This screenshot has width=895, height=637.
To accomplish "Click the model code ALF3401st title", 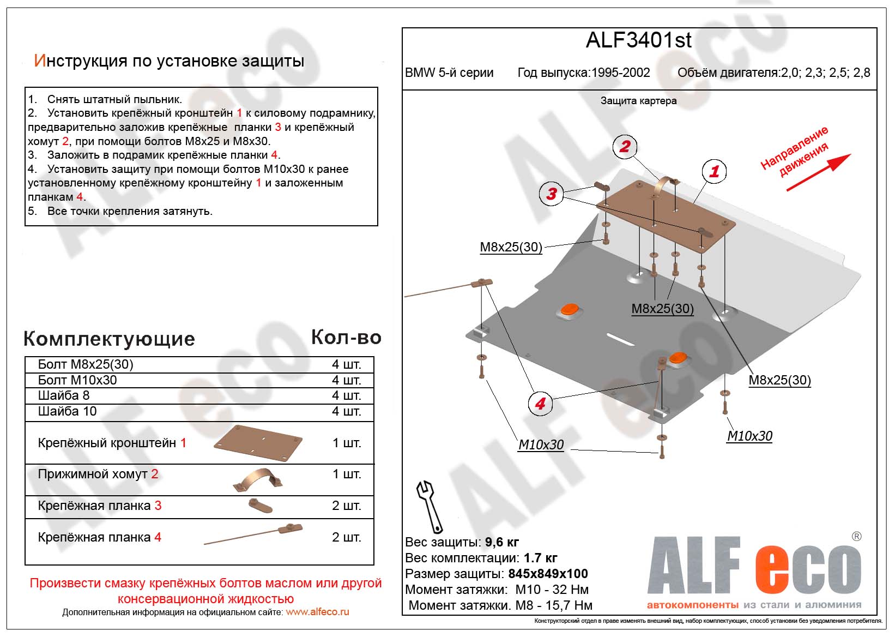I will tap(638, 40).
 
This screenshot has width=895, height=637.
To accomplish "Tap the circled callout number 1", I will tap(714, 171).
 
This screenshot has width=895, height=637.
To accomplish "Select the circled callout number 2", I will tap(625, 146).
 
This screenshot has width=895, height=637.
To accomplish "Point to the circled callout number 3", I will tap(552, 193).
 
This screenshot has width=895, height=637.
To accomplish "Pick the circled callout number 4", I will tap(540, 404).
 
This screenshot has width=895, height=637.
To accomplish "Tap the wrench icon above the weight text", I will tap(429, 506).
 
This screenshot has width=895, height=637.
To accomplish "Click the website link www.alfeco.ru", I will tap(317, 612).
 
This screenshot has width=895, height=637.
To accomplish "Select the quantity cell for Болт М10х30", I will tap(346, 380).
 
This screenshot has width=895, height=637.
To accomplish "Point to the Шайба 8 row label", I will tap(64, 395).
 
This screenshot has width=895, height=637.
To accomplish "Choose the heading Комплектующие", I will tap(109, 339).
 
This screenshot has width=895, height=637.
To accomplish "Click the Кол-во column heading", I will tap(346, 338).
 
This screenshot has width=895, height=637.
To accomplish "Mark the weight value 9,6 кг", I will tap(501, 542).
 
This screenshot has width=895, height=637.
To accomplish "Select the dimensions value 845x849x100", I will tap(548, 574).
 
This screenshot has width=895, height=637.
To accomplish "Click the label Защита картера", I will tap(638, 101).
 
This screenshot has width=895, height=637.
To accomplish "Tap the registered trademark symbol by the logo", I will tap(856, 537).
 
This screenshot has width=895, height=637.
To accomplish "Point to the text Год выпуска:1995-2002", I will tap(583, 73).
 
